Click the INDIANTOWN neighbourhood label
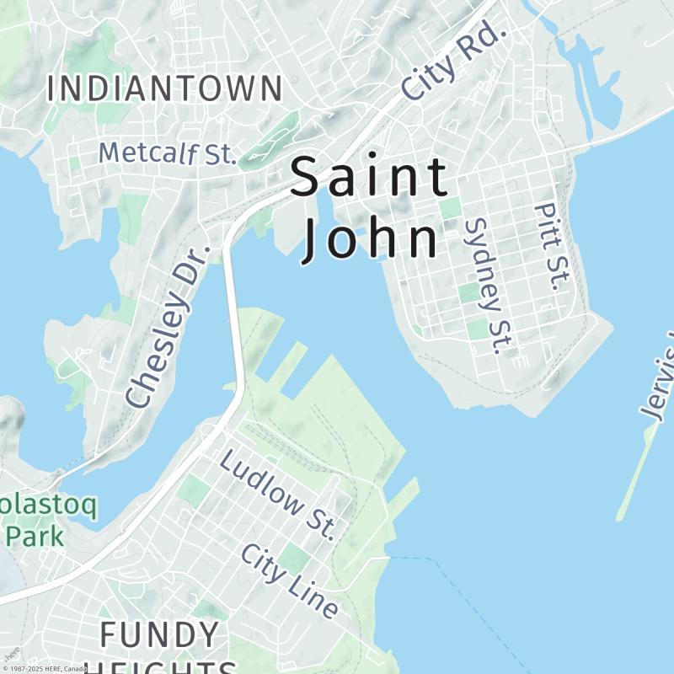164,88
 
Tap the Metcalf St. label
166,153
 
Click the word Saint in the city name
369,179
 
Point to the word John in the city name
371,239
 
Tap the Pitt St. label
548,247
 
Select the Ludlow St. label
279,495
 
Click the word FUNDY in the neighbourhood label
160,634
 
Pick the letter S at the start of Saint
307,179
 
